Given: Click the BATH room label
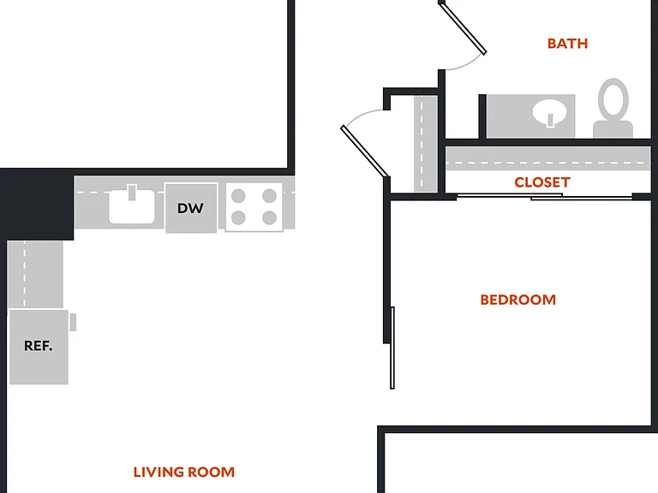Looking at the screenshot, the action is click(567, 44).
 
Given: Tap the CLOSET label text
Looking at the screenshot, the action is click(542, 182).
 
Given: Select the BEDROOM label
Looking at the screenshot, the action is click(517, 300).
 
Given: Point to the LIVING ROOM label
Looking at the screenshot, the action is click(184, 472).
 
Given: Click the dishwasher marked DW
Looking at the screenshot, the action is click(191, 208).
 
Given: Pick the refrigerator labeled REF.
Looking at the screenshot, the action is click(39, 347).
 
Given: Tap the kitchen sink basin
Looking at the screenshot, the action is click(132, 206).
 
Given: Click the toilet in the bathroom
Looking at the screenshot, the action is click(613, 108).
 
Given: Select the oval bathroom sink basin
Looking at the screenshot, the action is click(550, 113).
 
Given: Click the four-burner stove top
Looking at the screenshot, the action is click(254, 207).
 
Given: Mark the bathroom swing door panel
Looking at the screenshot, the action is click(463, 27).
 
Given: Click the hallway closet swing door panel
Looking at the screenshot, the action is click(364, 151).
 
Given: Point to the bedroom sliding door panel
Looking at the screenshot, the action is click(392, 348).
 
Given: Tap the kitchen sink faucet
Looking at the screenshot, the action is click(132, 193).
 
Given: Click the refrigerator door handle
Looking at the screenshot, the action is click(73, 322).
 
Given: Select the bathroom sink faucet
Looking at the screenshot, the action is click(550, 120).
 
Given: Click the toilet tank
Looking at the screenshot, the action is click(613, 129).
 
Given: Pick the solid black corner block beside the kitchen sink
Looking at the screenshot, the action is click(37, 205).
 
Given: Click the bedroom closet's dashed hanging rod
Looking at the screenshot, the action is click(547, 163).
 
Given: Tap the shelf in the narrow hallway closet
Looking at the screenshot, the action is click(426, 144).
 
